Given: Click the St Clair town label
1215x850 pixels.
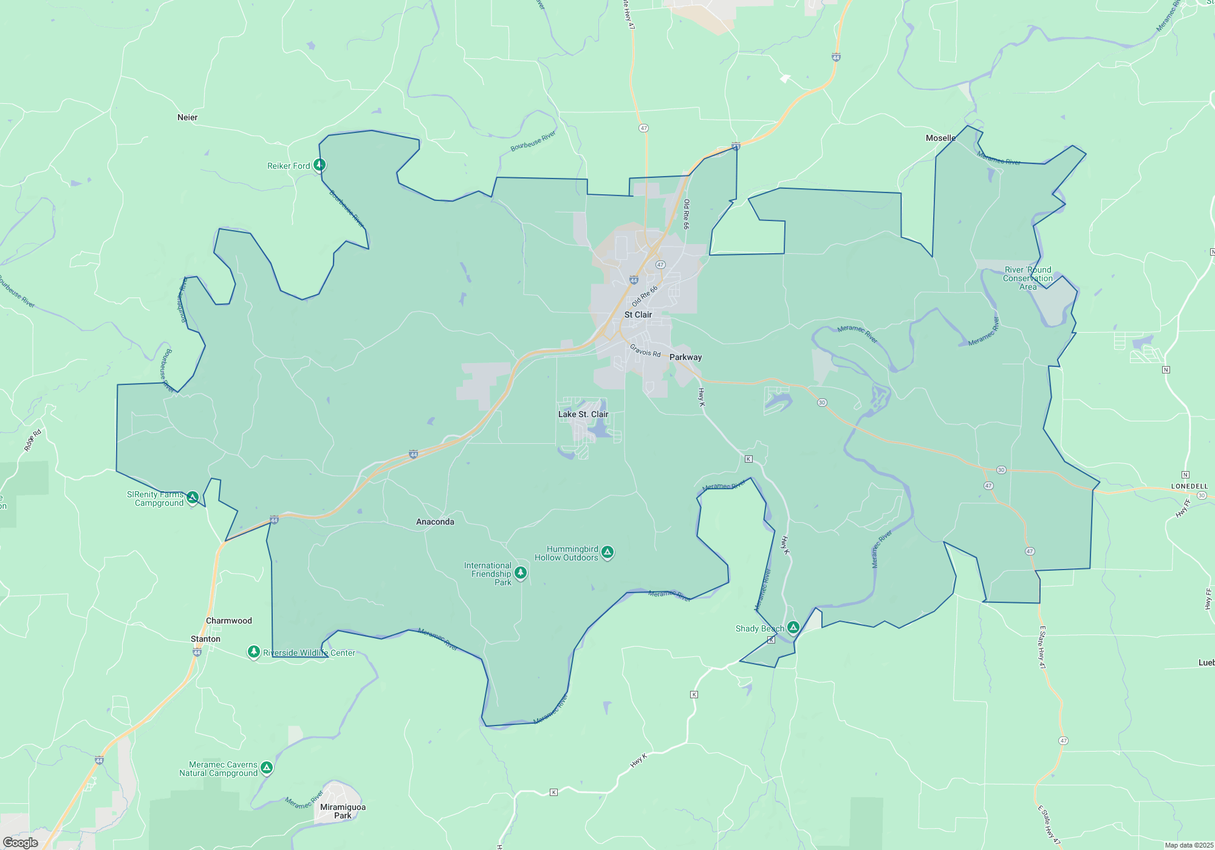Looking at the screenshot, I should coord(638,314).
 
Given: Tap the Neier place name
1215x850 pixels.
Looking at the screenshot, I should coord(187,117).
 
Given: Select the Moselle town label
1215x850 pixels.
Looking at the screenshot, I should coord(940,138).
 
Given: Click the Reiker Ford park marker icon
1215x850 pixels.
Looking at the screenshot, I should coord(320,165).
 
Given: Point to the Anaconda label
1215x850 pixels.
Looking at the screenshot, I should coord(435,522).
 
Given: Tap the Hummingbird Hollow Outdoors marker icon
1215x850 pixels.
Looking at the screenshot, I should coord(607,552).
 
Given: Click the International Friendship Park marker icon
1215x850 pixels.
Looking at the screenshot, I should coord(521,573).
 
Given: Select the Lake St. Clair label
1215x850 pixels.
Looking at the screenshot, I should coord(583,414).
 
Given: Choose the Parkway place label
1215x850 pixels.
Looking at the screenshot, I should coord(685,357).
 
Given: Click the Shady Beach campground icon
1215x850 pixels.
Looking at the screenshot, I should coord(793,627).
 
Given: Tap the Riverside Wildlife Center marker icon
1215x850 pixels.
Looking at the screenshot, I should coord(254,652).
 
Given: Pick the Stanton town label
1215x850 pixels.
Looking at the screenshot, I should coord(205,639).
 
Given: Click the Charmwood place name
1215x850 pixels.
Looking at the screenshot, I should coord(228,620).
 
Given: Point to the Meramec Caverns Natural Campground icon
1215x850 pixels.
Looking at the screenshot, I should coord(266,768).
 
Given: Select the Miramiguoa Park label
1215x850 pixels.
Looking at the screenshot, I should coord(343,811).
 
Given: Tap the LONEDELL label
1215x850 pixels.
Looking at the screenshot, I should coord(1189,486).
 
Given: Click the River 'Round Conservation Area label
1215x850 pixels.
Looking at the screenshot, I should coord(1027,278).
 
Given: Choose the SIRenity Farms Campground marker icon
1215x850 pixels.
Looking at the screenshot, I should coord(193,498).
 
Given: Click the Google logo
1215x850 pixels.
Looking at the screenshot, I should coord(21,842).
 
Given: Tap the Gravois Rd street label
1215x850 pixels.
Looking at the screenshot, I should coord(645,350).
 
